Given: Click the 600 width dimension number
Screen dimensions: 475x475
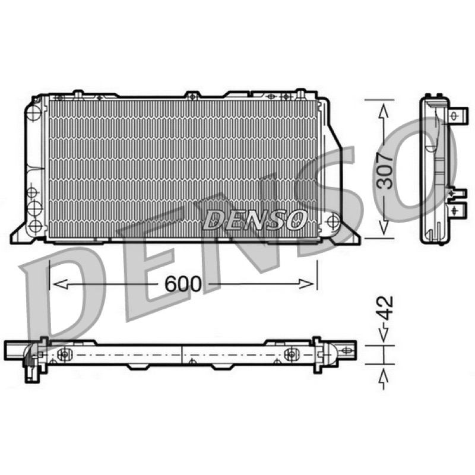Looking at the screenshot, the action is tap(183, 284).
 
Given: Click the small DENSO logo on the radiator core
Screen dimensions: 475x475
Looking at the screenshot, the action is tap(255, 220).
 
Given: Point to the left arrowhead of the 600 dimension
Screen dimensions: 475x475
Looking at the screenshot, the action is tap(60, 284).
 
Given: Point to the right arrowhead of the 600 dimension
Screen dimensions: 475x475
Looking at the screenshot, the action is tap(306, 284).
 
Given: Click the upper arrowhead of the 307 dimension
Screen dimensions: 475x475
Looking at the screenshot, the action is tap(384, 112).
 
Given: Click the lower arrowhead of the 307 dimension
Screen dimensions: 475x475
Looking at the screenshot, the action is tap(384, 227).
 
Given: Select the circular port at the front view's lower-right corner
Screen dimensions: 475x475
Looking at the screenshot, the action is tap(333, 220).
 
